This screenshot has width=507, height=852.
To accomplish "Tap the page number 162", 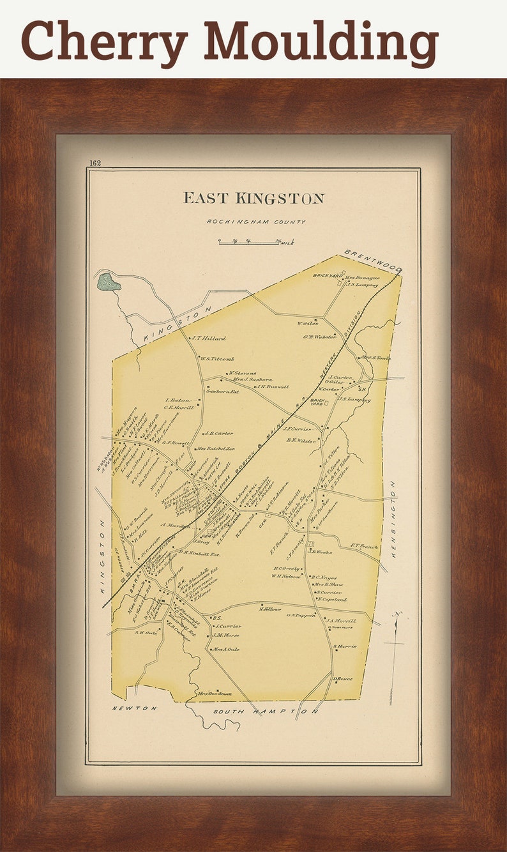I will tap(95, 163).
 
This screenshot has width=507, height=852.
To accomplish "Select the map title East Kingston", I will tap(253, 198).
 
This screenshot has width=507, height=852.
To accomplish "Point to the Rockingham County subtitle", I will tap(255, 222).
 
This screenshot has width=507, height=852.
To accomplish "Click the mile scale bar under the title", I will tap(249, 241).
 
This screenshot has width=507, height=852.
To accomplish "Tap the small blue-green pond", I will tap(108, 282).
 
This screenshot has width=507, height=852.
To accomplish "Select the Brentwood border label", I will tap(372, 261).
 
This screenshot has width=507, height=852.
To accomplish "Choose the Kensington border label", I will tap(393, 521).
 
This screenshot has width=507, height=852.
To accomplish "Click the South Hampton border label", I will tap(265, 711).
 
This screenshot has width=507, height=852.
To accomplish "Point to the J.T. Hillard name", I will tap(208, 339).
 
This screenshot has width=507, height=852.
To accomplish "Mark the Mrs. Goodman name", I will tap(214, 694).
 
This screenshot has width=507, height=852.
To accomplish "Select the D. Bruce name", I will tap(342, 678).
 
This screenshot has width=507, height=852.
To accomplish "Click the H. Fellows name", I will tap(270, 609).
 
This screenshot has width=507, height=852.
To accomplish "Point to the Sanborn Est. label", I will tap(222, 391).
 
